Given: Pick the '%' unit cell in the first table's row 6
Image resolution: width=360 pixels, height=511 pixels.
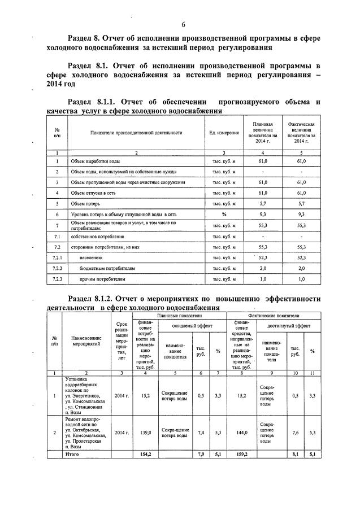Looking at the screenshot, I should (x=224, y=215).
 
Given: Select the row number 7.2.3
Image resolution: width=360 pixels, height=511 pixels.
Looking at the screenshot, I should (x=57, y=278).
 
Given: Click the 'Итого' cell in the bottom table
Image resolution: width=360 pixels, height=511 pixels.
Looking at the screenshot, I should (x=72, y=453).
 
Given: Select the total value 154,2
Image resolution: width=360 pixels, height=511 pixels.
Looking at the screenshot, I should (x=146, y=453).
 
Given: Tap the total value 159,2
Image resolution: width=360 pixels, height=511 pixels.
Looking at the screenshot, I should (x=242, y=453).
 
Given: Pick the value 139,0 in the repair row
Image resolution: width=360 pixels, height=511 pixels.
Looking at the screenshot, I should (x=146, y=432).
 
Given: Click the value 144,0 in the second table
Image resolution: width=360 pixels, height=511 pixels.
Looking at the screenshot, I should (x=242, y=432).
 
